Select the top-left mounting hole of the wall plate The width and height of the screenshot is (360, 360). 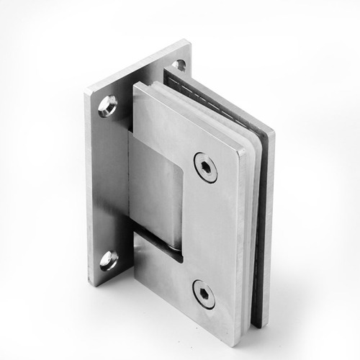coord(108,107)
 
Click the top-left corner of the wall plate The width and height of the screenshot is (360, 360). coord(86,91)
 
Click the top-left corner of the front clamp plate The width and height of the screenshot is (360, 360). coord(134,85)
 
